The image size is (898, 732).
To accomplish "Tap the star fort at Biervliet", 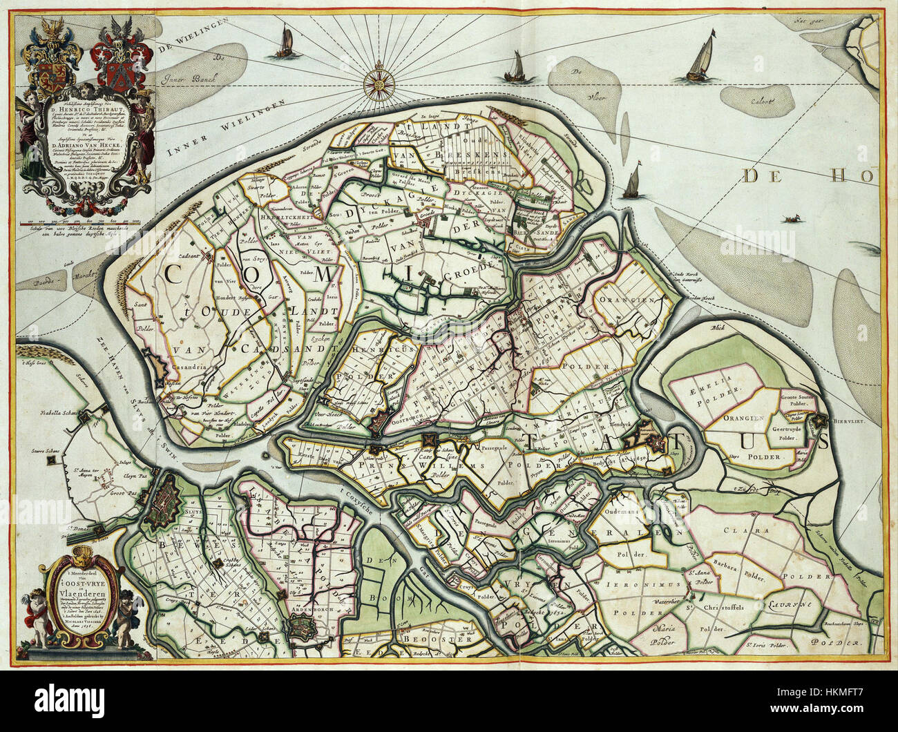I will point(819,419).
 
